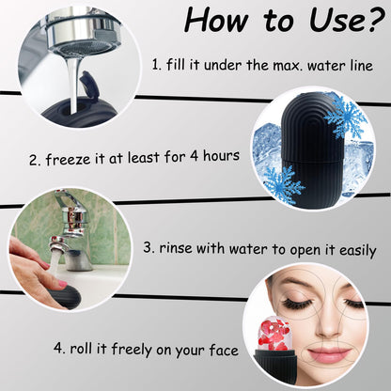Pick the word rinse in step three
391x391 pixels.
click(184, 251)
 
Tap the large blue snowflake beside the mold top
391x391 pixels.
click(348, 117)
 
